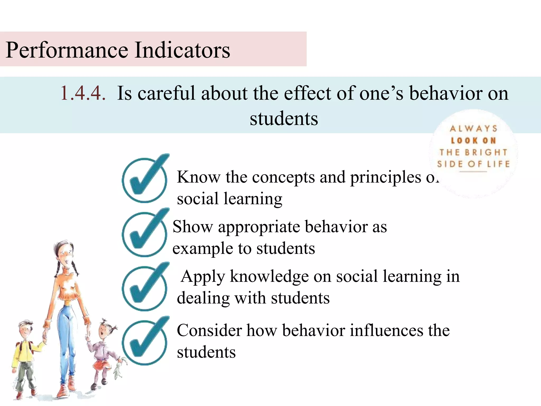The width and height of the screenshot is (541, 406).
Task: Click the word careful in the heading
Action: (x=166, y=93)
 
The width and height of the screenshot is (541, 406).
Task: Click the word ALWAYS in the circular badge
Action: (x=473, y=129)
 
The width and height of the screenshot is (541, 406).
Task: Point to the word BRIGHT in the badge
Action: (x=486, y=153)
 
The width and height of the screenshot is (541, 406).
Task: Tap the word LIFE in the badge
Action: (x=498, y=164)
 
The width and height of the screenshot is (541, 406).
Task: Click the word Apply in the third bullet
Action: (x=203, y=277)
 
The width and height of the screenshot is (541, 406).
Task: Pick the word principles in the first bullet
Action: (x=386, y=177)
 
